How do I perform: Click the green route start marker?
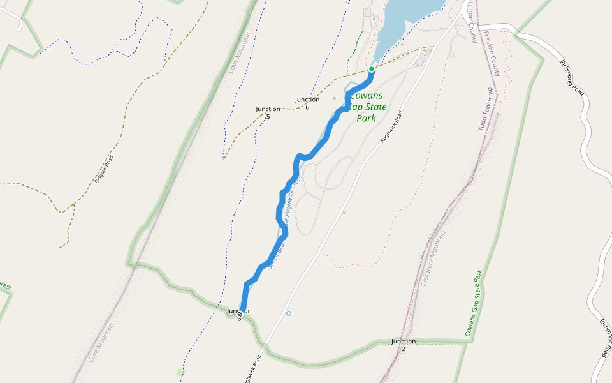[372, 69]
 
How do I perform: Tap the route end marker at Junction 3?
[240, 314]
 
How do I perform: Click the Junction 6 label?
[307, 103]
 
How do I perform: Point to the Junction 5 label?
[268, 112]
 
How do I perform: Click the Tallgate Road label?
[103, 170]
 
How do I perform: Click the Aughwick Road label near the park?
[391, 126]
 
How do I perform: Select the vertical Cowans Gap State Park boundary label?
[474, 304]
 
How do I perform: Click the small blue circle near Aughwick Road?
[289, 313]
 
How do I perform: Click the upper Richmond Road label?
[572, 78]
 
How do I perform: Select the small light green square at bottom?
[180, 372]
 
